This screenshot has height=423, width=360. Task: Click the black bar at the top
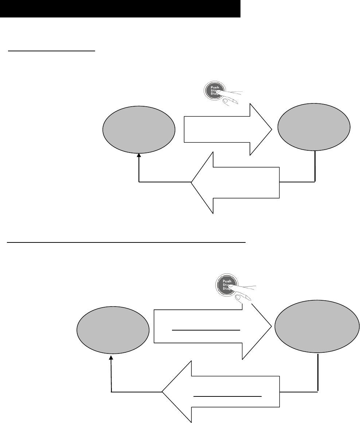pos(120,9)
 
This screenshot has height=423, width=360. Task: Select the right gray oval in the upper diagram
pos(314,127)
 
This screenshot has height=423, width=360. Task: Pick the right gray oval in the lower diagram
pos(315,327)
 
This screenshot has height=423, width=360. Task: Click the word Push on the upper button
pos(215,88)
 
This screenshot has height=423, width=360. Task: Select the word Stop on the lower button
pos(226,288)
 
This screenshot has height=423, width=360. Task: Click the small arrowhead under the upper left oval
pos(139,155)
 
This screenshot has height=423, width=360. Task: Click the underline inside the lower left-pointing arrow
pos(227,395)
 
